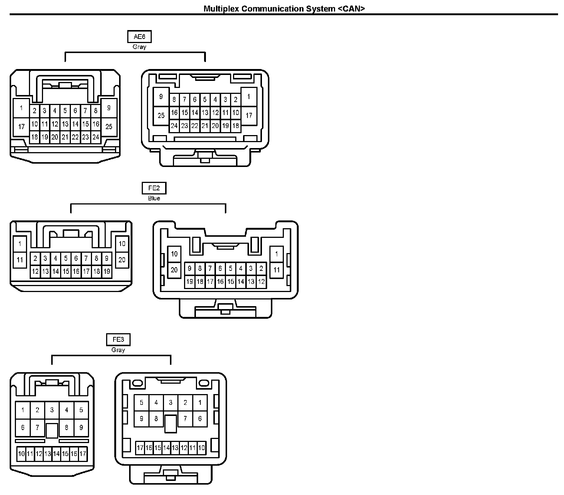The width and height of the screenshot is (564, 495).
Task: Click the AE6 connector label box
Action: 139,37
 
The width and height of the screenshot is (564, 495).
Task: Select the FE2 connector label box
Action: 154,188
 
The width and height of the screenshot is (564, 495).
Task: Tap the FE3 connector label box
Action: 118,340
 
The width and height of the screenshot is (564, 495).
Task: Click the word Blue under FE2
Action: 154,199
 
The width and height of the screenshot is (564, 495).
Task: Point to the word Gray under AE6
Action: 139,47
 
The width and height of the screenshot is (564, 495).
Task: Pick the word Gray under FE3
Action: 118,350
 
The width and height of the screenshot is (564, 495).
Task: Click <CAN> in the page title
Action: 351,9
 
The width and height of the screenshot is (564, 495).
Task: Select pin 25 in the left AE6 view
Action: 109,127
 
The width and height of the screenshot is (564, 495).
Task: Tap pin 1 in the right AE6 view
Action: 249,97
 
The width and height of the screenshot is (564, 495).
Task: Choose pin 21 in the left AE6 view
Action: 65,137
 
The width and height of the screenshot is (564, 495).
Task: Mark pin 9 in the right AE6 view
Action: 161,97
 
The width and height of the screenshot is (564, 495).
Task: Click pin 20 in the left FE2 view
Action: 122,260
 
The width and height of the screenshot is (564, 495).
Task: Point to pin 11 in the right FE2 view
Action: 276,270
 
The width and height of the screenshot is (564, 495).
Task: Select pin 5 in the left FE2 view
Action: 66,258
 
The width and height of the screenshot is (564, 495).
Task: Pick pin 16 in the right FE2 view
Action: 220,282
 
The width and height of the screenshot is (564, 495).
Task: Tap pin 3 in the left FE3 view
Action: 52,410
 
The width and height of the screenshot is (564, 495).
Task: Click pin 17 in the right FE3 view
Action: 140,448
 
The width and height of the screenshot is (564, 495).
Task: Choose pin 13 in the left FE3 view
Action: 47,454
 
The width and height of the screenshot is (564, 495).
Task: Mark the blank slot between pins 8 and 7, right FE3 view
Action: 170,423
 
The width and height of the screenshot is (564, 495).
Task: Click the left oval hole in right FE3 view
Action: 138,383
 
